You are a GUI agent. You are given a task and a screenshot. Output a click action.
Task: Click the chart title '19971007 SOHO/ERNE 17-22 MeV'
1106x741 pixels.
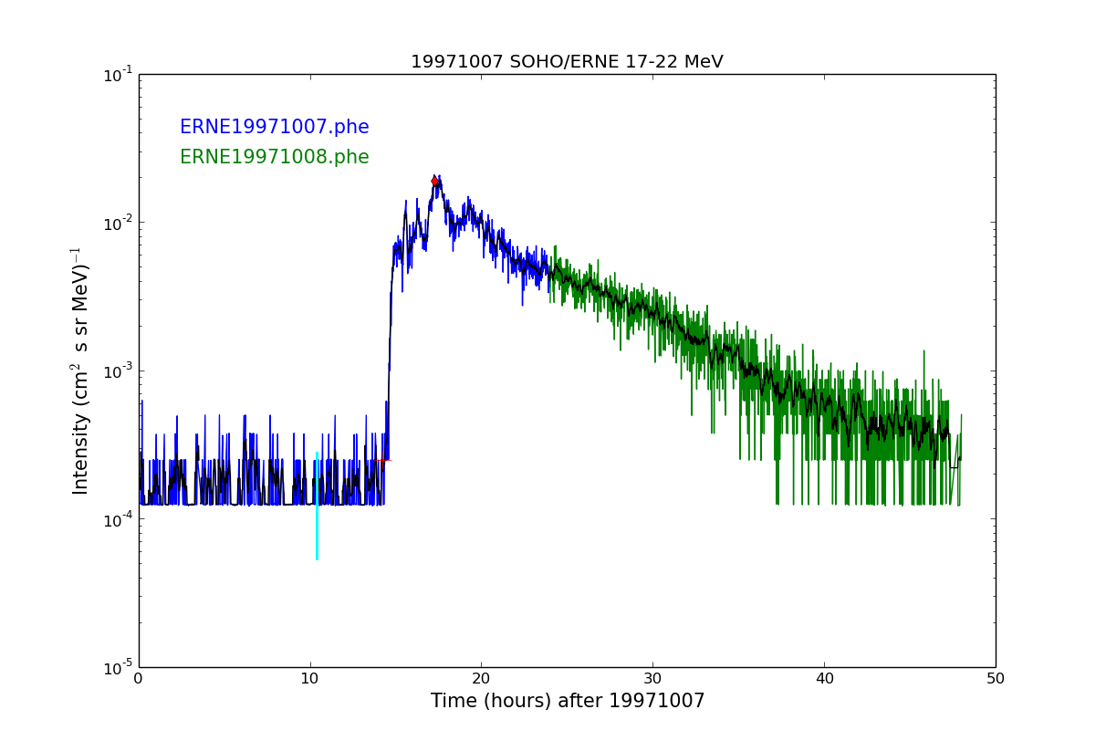[x=567, y=62]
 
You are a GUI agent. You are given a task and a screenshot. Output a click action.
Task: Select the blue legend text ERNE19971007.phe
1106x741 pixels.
[x=274, y=128]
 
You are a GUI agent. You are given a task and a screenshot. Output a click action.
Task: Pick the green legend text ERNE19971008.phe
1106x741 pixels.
[x=274, y=158]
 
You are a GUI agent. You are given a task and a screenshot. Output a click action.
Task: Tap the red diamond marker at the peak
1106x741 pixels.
[x=435, y=182]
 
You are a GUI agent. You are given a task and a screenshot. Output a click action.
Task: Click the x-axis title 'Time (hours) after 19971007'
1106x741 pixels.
[x=568, y=702]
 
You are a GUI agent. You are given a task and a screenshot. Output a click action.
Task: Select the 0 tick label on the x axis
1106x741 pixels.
[x=139, y=679]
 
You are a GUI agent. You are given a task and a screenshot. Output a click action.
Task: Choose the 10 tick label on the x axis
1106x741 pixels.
[x=310, y=679]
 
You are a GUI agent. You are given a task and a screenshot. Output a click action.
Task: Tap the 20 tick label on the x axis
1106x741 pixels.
[x=481, y=679]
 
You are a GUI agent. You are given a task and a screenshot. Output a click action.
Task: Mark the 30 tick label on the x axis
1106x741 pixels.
[x=652, y=679]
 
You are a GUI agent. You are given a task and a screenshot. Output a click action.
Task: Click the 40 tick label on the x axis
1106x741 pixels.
[x=824, y=679]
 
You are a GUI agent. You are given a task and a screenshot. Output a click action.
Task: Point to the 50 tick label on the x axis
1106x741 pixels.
[x=996, y=679]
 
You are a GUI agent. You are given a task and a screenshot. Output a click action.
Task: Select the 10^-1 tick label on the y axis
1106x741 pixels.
[x=117, y=75]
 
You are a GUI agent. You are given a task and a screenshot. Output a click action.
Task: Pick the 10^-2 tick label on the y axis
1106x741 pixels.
[x=117, y=223]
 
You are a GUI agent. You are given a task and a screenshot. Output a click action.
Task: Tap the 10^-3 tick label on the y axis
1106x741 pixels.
[x=117, y=371]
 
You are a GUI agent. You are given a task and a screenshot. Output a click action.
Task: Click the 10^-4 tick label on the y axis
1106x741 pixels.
[x=117, y=519]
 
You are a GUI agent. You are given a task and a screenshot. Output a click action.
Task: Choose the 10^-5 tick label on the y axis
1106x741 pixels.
[x=117, y=667]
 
